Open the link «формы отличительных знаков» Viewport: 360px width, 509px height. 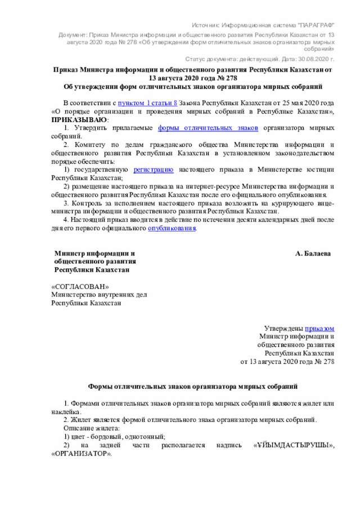208,128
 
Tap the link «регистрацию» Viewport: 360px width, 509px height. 153,169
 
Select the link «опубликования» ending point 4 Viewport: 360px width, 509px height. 172,229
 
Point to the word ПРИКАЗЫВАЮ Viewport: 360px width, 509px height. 79,120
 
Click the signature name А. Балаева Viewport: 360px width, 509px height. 313,254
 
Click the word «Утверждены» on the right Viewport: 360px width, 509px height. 283,328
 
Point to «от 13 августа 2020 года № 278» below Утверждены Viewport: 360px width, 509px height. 287,362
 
